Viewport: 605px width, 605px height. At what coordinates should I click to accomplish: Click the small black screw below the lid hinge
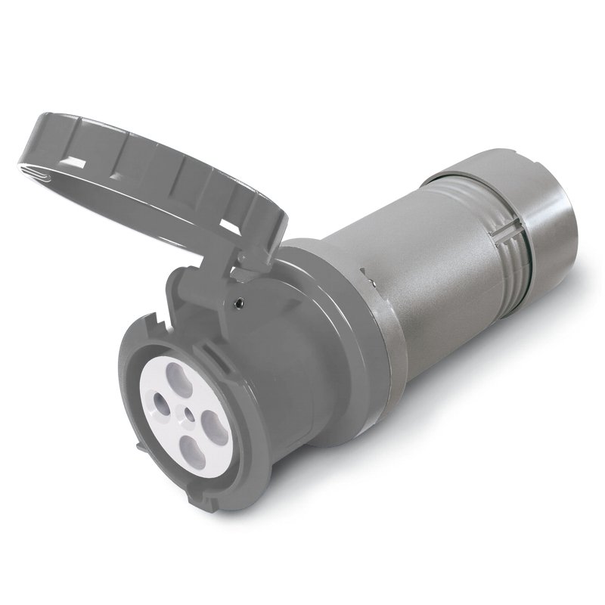tap(240, 303)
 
